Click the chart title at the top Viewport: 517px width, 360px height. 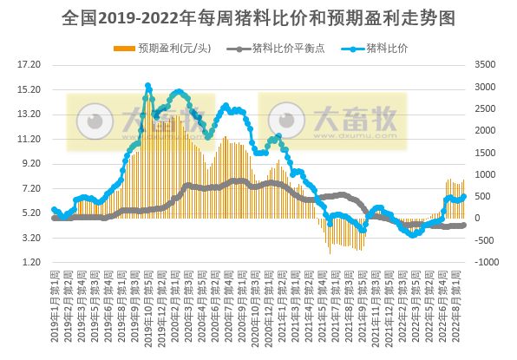258,17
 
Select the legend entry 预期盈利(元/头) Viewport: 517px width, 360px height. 166,47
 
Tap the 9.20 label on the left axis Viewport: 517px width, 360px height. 32,163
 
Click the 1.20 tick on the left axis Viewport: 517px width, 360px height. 32,262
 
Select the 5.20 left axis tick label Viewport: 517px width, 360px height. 32,213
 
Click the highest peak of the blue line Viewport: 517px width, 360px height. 148,86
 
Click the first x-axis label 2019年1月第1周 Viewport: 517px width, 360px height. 55,304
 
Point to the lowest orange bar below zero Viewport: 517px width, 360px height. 330,252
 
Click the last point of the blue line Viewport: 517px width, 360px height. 463,196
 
